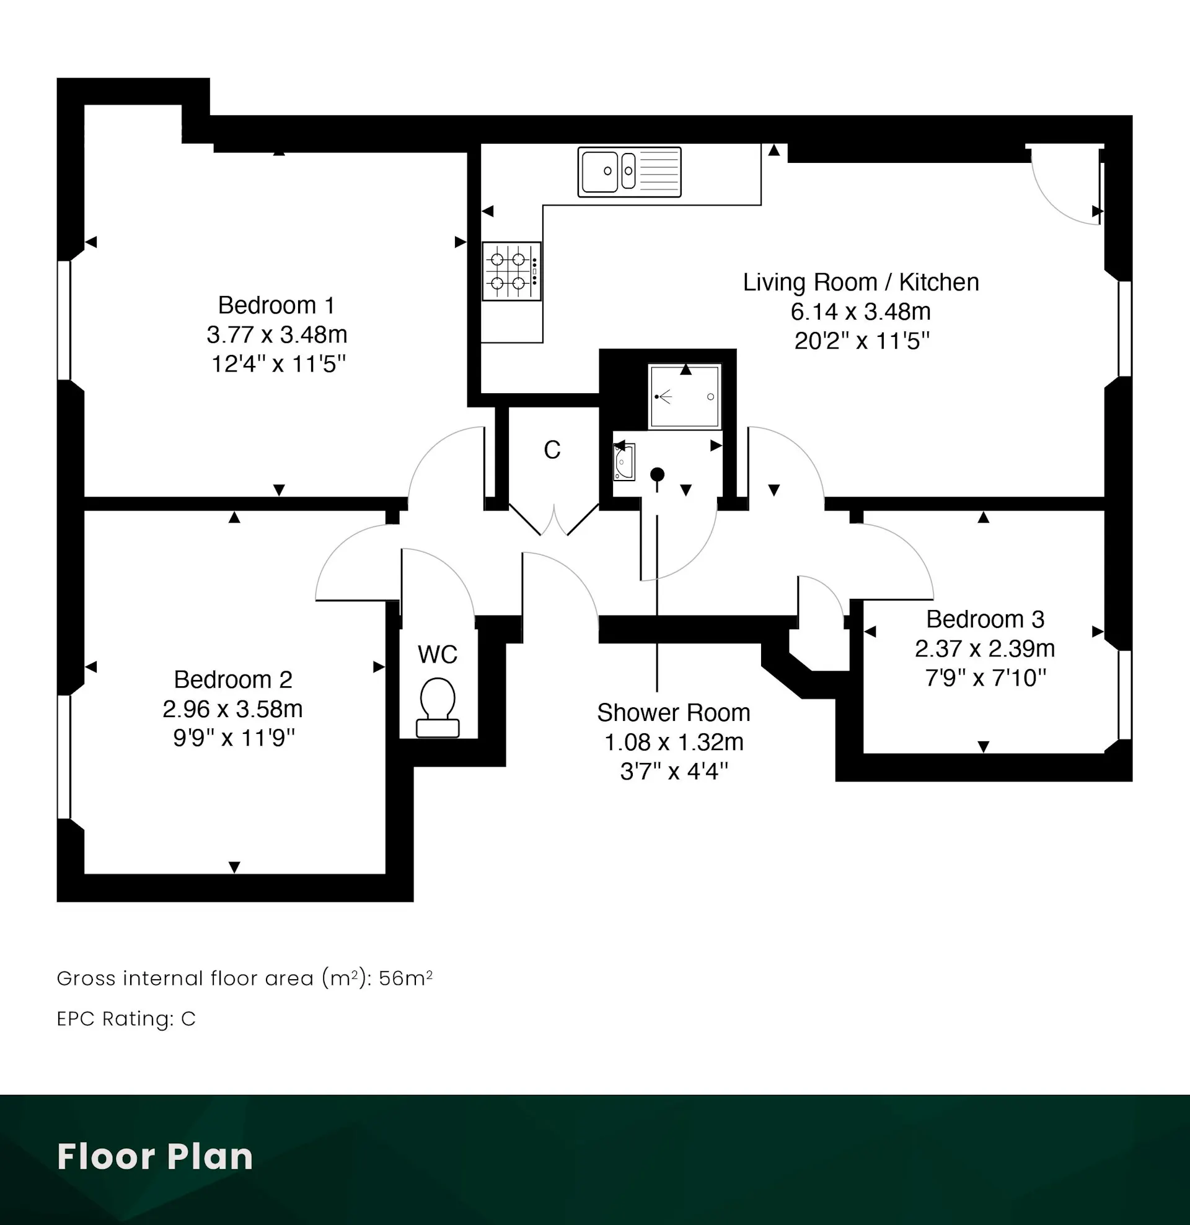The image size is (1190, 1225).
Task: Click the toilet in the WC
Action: point(438,707)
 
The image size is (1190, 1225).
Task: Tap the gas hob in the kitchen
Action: point(511,271)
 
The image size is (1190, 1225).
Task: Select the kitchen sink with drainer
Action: point(629,172)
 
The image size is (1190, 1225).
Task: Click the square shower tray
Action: point(685,396)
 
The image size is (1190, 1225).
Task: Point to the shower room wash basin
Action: point(624,462)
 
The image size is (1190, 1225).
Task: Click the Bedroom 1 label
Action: point(276,305)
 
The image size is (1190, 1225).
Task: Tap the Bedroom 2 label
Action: point(232,679)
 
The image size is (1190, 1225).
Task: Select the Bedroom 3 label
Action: point(985,619)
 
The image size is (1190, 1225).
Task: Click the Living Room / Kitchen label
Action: point(861,282)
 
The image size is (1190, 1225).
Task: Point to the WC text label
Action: point(438,655)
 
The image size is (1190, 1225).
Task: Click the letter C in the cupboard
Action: point(552,450)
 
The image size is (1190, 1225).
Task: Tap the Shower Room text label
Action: point(674,712)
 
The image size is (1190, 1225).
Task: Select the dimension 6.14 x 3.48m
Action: point(861,312)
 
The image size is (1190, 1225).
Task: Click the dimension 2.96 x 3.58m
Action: point(232,708)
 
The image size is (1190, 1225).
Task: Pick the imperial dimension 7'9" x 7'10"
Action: point(985,678)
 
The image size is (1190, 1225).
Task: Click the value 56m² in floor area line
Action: point(406,978)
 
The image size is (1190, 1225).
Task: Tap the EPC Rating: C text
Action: point(126,1019)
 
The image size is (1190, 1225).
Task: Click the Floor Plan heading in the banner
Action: point(155,1156)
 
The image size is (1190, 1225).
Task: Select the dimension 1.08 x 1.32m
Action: point(674,742)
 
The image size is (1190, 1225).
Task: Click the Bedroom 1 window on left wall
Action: point(64,320)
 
